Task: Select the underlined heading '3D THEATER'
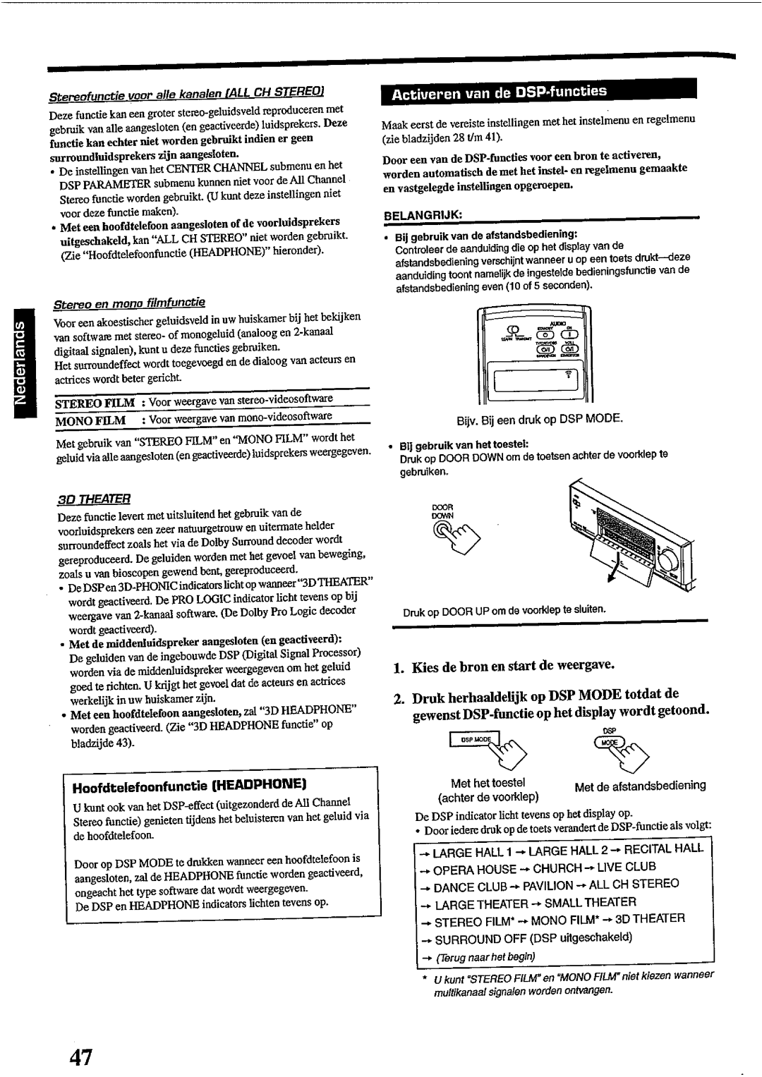[83, 497]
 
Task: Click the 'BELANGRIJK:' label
[418, 213]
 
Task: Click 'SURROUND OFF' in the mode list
[477, 938]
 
